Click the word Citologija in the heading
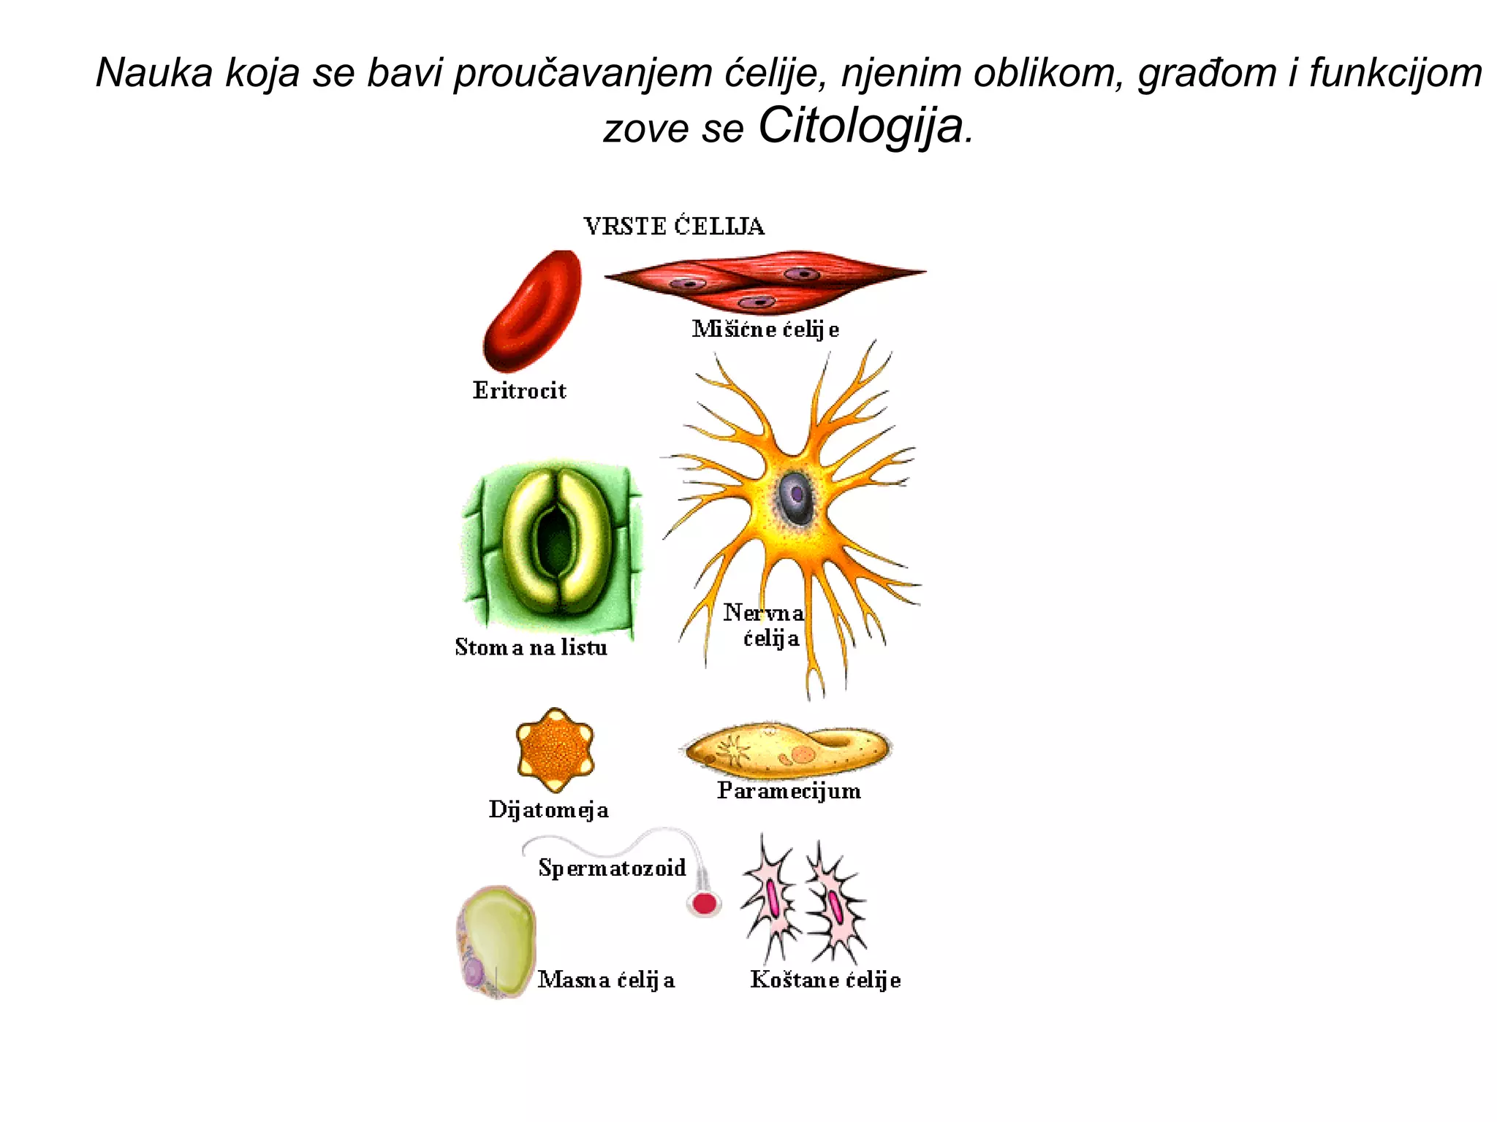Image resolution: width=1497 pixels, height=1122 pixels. point(861,126)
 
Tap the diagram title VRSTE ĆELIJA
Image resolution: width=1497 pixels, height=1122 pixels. point(674,226)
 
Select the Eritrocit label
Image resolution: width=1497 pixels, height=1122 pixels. point(519,391)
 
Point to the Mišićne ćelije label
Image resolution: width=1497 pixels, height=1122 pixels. point(765,329)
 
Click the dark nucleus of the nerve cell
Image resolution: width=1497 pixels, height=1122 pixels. point(795,497)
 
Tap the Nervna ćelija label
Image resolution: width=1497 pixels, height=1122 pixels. point(765,625)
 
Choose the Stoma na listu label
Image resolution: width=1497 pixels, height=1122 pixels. point(531,647)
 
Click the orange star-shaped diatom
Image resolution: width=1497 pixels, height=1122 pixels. point(555,749)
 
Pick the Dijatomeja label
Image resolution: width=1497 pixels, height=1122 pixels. point(548,809)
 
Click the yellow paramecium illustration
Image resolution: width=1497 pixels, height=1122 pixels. point(787,750)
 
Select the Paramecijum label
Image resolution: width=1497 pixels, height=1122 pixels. point(789,790)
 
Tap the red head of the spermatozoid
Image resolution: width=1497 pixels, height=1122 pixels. point(704,904)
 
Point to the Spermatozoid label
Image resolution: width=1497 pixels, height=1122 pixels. point(612,868)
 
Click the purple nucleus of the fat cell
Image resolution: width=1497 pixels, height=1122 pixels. point(474,972)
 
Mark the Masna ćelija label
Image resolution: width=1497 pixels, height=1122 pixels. point(606,980)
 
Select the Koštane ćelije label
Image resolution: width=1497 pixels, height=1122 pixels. point(825,980)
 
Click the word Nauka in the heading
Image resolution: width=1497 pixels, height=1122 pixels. point(154,73)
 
